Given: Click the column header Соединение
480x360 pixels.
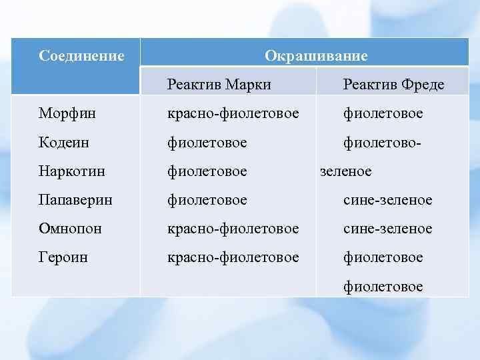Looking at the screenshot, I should coord(81,56).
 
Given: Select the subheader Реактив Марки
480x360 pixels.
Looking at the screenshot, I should coord(219,85).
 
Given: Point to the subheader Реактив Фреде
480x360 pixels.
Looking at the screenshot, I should coord(393,85).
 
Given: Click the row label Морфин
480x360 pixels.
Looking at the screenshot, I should coord(67,114).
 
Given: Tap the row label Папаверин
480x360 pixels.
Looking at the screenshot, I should coord(75,200).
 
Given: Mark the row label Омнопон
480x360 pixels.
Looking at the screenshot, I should coord(70,229).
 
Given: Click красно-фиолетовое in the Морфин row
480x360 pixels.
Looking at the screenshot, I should coord(233,114).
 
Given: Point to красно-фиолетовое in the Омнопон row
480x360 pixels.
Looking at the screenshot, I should coord(233,229).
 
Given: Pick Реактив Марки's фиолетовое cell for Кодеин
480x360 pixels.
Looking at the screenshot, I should coord(207,143).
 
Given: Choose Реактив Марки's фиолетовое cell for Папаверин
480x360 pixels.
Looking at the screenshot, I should coord(207,200).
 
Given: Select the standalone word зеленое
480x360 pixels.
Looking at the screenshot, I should coord(346,171).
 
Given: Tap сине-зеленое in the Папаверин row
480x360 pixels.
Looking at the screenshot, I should coord(387,200).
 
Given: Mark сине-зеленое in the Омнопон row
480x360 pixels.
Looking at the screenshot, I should coord(387,229).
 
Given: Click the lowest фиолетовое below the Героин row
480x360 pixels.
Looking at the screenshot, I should coord(383,286).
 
